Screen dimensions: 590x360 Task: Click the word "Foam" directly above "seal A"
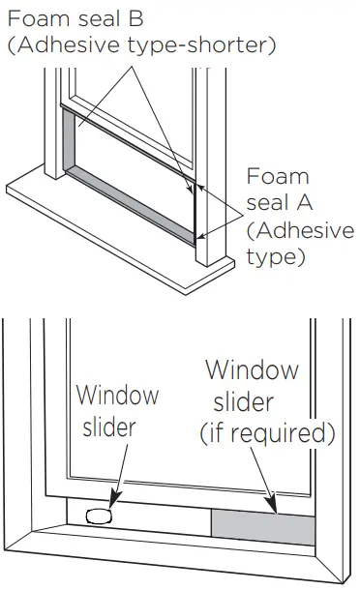278,177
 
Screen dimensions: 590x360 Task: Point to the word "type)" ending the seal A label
277,258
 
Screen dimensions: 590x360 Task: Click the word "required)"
286,433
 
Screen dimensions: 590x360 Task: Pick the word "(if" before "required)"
215,432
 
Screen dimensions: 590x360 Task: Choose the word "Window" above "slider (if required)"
252,370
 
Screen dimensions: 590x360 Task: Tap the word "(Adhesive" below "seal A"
287,231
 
